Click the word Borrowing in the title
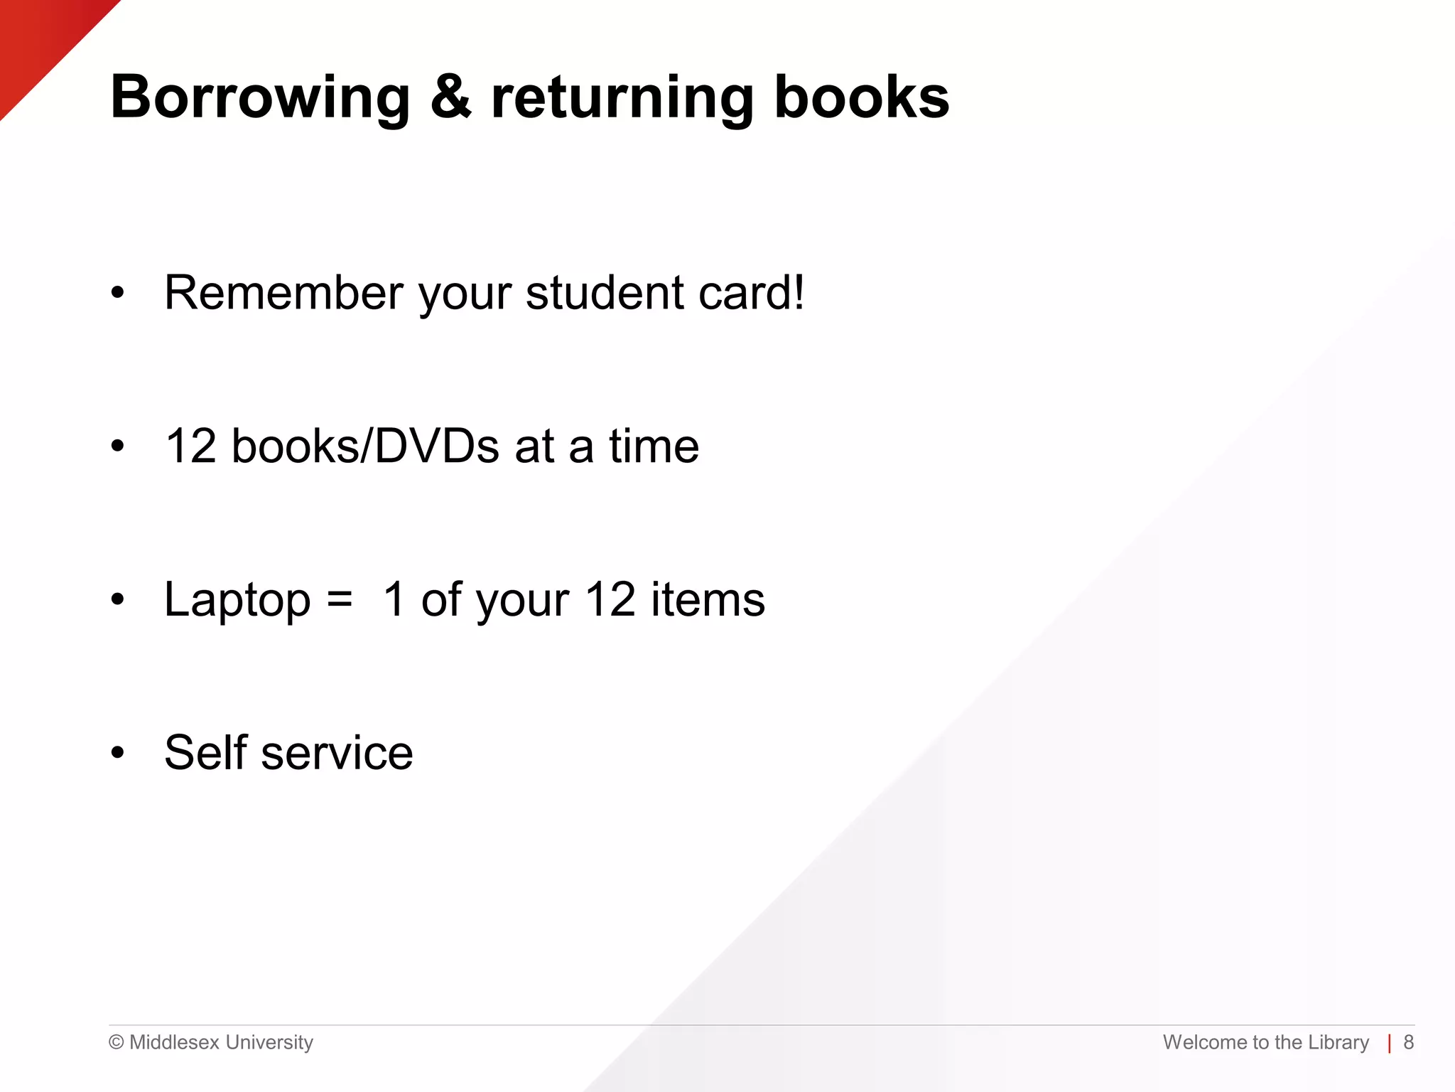pyautogui.click(x=260, y=97)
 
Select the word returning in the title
pyautogui.click(x=622, y=97)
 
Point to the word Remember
pyautogui.click(x=283, y=292)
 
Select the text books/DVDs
pyautogui.click(x=365, y=446)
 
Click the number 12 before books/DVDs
pyautogui.click(x=190, y=446)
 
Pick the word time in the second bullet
pyautogui.click(x=654, y=446)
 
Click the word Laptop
pyautogui.click(x=237, y=599)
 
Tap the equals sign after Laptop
pyautogui.click(x=340, y=599)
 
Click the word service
pyautogui.click(x=337, y=752)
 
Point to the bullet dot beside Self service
pyautogui.click(x=117, y=752)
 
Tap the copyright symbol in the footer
pyautogui.click(x=116, y=1043)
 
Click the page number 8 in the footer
pyautogui.click(x=1408, y=1042)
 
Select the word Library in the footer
pyautogui.click(x=1338, y=1042)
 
